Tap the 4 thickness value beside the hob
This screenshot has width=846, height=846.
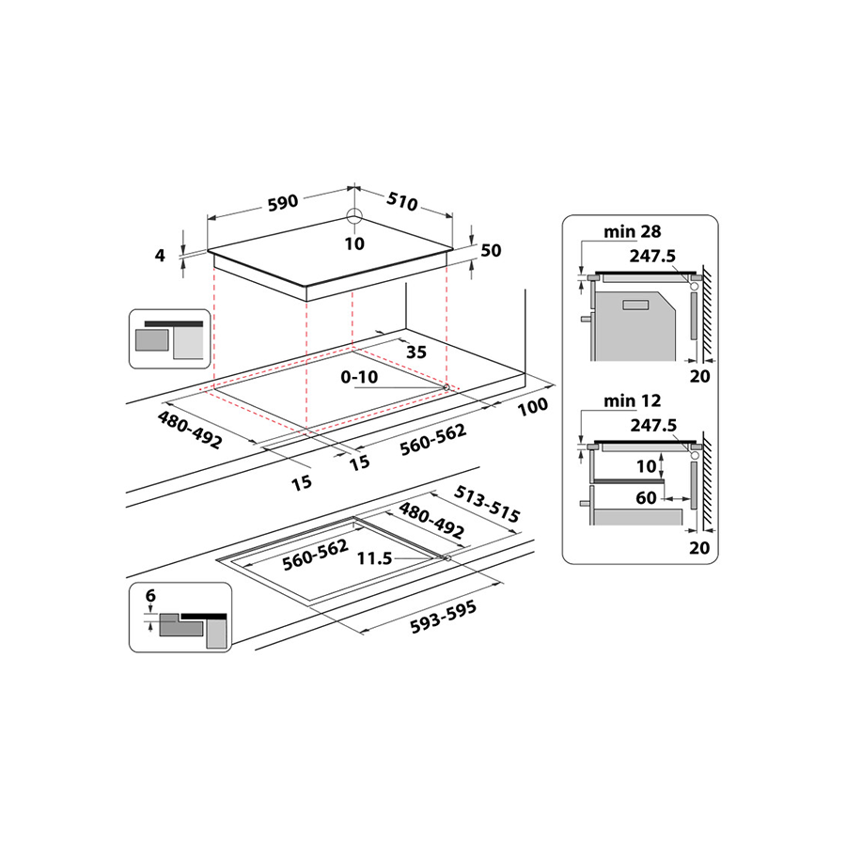point(161,255)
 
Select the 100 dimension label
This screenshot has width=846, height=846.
point(532,408)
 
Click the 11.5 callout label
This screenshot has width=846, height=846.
point(373,557)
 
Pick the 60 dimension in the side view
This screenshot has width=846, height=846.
point(646,497)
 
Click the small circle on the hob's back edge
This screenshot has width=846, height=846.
point(353,217)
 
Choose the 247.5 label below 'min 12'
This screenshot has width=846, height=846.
point(654,425)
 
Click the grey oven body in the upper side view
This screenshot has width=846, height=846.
point(630,324)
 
